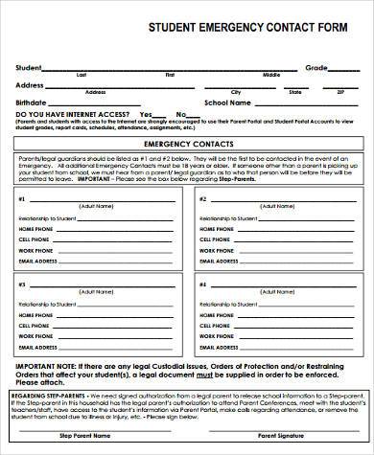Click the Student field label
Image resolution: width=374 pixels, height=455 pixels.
point(28,67)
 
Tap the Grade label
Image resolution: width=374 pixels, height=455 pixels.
point(316,67)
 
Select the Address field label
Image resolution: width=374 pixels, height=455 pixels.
point(30,85)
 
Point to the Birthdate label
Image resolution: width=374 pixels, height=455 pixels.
point(32,102)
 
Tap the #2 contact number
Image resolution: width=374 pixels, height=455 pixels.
point(201,199)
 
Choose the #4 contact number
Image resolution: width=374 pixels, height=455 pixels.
point(201,284)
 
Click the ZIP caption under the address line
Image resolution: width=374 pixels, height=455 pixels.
point(339,93)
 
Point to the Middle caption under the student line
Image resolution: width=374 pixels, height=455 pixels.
point(272,75)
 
